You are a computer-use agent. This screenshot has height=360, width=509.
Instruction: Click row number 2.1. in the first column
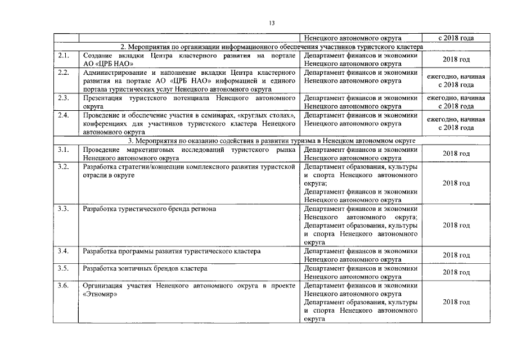[64, 56]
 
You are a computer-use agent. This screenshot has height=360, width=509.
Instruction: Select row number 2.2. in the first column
[64, 73]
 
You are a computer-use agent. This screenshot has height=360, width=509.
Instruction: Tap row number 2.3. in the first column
[64, 98]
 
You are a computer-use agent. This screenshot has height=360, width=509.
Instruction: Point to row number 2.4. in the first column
[64, 115]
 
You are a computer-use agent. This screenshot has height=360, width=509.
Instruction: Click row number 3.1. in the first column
[64, 149]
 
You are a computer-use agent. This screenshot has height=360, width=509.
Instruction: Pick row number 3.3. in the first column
[64, 209]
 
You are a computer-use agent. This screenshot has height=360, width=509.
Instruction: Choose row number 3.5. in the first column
[64, 268]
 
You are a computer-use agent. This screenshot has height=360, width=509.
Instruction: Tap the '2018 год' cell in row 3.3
[456, 225]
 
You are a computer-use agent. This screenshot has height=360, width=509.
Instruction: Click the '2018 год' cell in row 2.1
[456, 60]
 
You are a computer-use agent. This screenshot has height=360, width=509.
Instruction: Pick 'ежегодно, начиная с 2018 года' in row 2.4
[456, 123]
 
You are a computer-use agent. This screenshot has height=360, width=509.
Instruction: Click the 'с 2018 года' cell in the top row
[456, 38]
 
